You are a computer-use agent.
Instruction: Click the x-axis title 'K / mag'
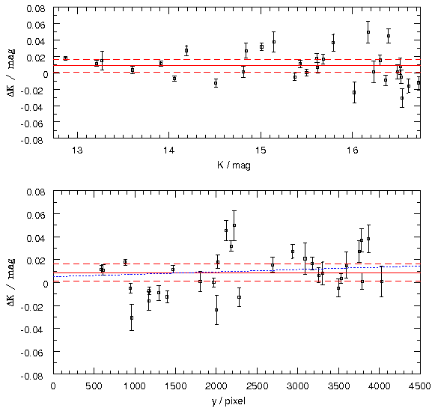(x=234, y=165)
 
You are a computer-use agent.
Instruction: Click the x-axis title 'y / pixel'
(x=228, y=401)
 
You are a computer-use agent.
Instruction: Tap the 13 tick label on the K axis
(x=77, y=150)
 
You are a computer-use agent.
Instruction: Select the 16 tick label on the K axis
(x=353, y=150)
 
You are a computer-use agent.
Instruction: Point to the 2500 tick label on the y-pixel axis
(x=257, y=386)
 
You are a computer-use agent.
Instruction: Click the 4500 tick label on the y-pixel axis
(x=420, y=386)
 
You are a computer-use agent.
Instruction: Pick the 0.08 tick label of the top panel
(x=36, y=8)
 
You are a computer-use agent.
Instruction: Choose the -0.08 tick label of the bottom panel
(x=32, y=376)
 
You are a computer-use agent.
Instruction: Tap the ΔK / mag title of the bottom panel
(x=11, y=282)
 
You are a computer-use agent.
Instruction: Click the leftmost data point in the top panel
(x=65, y=58)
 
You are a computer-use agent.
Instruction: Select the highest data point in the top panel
(x=368, y=32)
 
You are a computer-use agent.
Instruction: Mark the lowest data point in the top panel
(x=402, y=98)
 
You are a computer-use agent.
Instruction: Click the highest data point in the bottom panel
(x=234, y=225)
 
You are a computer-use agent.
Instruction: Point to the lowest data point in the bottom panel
(x=132, y=317)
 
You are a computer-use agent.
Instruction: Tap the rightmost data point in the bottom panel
(x=382, y=281)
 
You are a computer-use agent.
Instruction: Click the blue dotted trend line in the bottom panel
(x=237, y=272)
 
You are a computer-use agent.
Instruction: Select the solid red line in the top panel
(x=237, y=65)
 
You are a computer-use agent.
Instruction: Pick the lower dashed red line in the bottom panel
(x=237, y=281)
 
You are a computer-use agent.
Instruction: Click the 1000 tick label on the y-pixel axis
(x=135, y=386)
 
